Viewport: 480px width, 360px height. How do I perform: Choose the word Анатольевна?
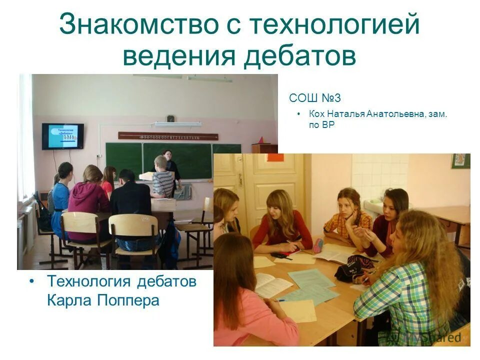(x=396, y=114)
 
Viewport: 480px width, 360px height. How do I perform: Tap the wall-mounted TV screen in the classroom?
(x=62, y=136)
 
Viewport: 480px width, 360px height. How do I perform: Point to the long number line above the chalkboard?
(x=168, y=136)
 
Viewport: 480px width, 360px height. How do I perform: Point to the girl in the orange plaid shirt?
(x=348, y=215)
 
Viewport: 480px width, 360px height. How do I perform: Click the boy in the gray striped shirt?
(x=162, y=177)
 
